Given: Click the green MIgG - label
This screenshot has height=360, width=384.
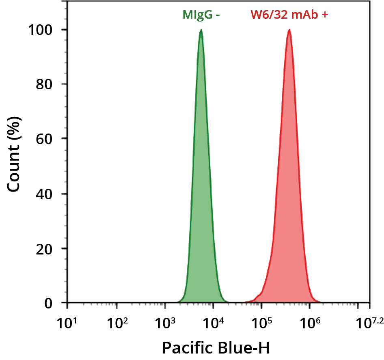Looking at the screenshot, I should [201, 15].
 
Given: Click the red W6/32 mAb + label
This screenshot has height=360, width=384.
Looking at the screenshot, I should [289, 15].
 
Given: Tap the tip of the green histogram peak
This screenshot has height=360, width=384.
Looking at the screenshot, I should [201, 30].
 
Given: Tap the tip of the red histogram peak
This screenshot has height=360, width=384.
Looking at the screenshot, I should [289, 30].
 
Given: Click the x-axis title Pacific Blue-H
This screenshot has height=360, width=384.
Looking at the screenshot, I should [216, 348].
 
